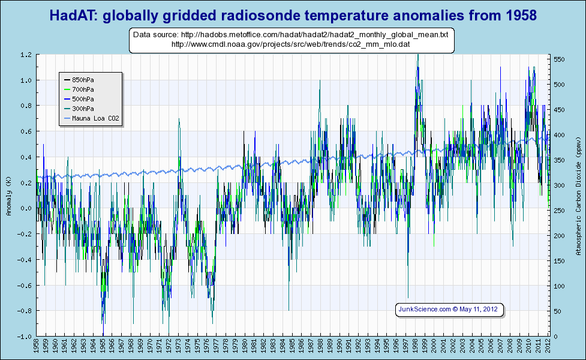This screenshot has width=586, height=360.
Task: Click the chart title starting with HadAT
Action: [x=293, y=14]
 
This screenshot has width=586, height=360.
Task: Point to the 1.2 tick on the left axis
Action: [x=26, y=55]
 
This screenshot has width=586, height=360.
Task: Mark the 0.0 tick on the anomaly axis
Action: [x=26, y=208]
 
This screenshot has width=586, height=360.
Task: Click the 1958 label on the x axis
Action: [x=37, y=347]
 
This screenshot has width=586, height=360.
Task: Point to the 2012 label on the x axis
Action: [x=547, y=347]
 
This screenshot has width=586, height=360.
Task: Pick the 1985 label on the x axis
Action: [x=292, y=347]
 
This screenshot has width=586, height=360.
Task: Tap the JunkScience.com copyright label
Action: [x=448, y=310]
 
